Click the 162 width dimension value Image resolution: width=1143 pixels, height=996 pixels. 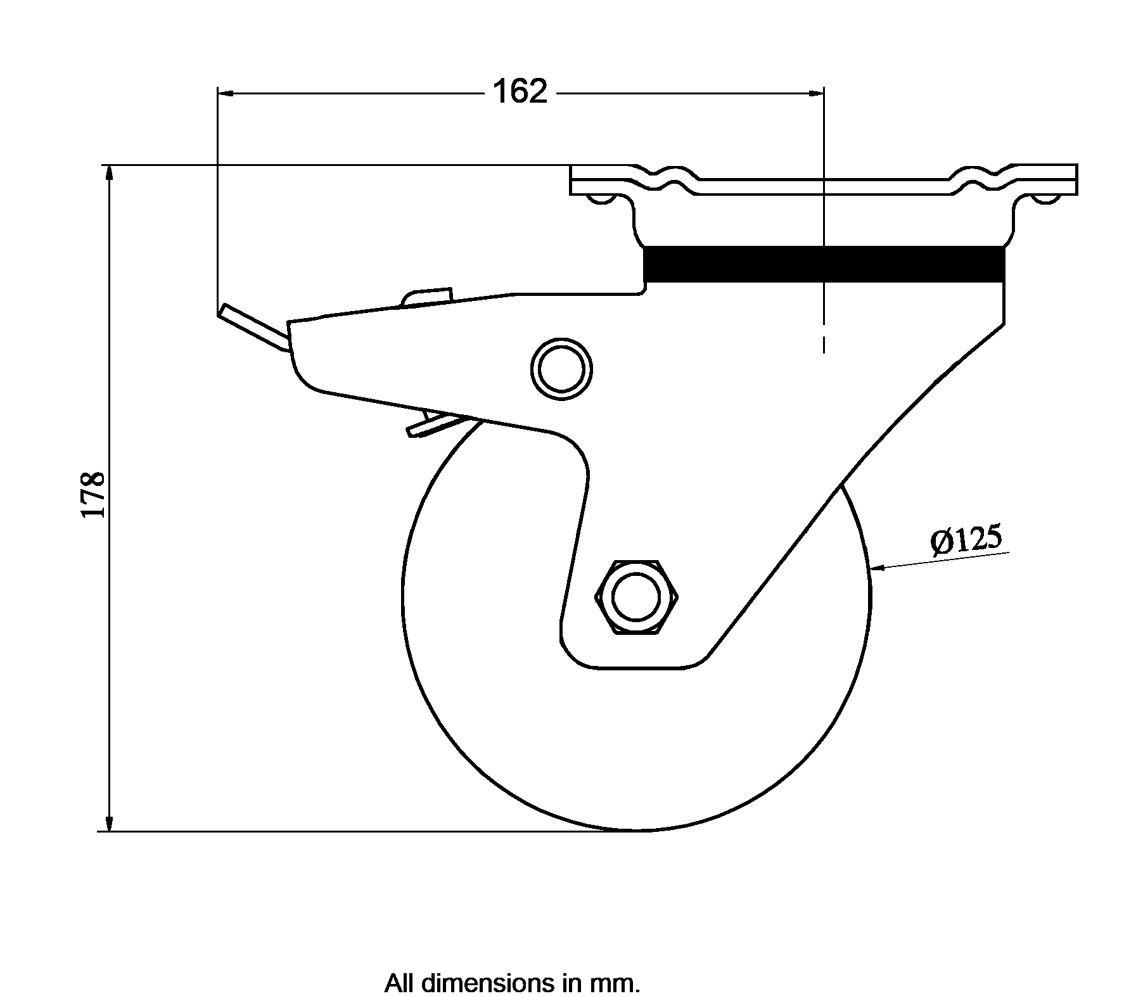tap(520, 93)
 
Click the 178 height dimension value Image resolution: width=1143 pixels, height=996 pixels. tap(93, 494)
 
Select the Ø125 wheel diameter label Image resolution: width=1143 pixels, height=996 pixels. tap(966, 540)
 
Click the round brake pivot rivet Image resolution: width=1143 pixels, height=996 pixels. tap(561, 369)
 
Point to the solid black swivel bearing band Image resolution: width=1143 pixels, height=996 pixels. tap(824, 264)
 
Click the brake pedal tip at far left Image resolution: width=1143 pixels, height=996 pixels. tap(222, 311)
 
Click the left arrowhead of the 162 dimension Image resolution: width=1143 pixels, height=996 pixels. tap(227, 93)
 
